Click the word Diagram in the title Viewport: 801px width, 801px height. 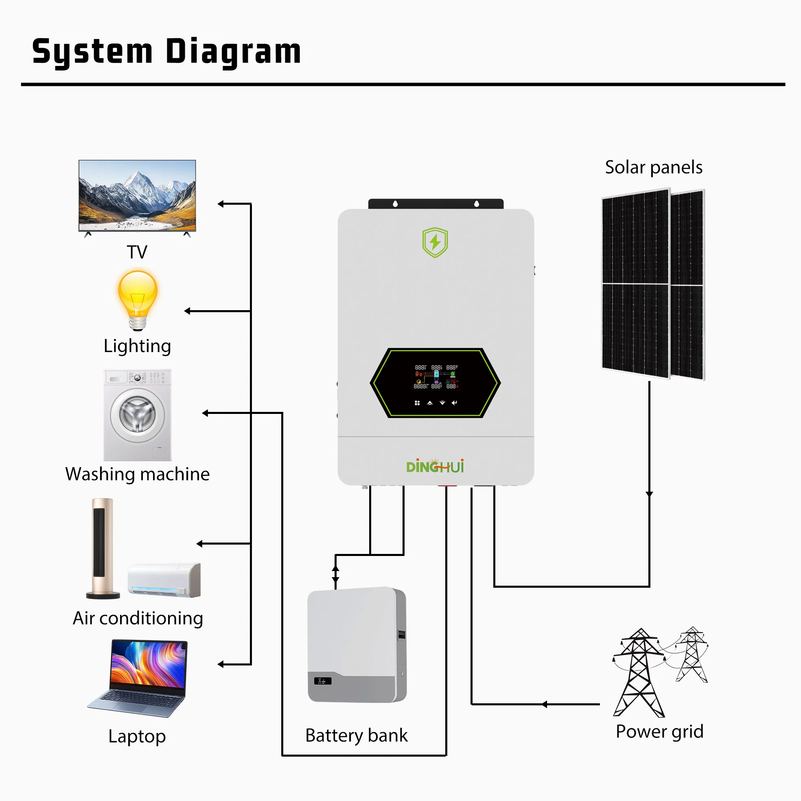233,52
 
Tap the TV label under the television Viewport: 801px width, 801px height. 137,252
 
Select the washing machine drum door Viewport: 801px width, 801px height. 137,414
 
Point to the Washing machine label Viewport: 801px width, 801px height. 137,474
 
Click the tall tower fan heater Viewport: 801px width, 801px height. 103,547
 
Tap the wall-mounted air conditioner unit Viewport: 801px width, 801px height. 164,580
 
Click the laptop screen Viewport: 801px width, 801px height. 148,664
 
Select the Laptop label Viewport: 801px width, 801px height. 137,736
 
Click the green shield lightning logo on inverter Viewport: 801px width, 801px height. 435,242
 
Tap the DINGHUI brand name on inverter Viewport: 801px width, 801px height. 435,467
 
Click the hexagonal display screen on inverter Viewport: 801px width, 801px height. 435,382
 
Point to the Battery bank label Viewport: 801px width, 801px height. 356,735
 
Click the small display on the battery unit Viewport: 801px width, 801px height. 322,681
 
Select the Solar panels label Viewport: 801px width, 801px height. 653,167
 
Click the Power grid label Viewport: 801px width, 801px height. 659,731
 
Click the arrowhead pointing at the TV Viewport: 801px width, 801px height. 221,204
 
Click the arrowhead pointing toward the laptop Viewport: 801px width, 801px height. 221,665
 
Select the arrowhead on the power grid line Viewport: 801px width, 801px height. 544,704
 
